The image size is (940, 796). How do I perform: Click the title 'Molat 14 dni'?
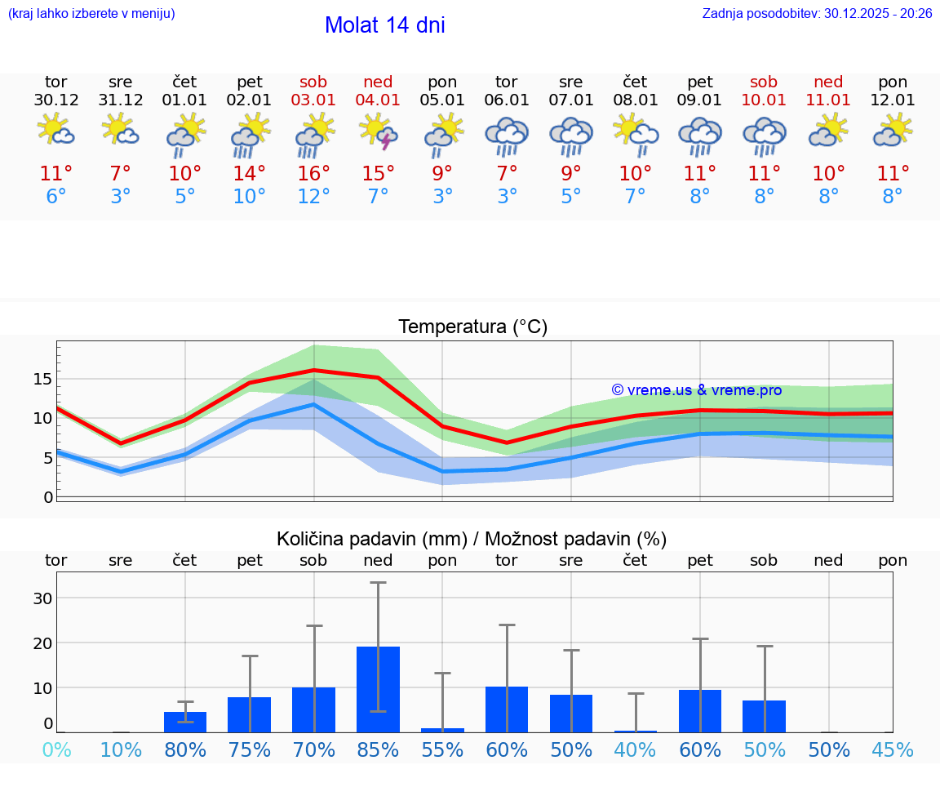[x=384, y=25]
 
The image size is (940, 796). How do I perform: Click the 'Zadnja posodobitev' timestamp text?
[x=817, y=14]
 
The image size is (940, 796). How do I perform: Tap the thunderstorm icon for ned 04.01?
[x=378, y=131]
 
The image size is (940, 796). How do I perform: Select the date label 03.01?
[x=313, y=100]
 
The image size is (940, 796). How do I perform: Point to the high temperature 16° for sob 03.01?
[x=313, y=173]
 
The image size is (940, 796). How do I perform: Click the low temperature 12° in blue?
[x=313, y=197]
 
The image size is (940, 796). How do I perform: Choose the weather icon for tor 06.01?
[x=507, y=134]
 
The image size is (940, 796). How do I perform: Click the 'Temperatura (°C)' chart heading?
[x=472, y=327]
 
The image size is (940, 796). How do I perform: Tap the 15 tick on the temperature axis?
[x=43, y=379]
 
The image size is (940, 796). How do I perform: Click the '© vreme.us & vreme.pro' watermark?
[x=696, y=390]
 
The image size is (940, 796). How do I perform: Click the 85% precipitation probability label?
[x=378, y=750]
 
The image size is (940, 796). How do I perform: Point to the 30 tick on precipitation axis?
[x=43, y=598]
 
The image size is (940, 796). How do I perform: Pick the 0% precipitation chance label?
[x=56, y=750]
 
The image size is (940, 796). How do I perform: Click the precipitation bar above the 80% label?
[x=185, y=723]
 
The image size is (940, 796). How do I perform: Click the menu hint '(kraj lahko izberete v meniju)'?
[x=91, y=14]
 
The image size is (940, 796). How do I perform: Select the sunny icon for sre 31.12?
[x=121, y=130]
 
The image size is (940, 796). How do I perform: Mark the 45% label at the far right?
[x=893, y=750]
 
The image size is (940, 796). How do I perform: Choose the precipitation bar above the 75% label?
[x=249, y=715]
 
